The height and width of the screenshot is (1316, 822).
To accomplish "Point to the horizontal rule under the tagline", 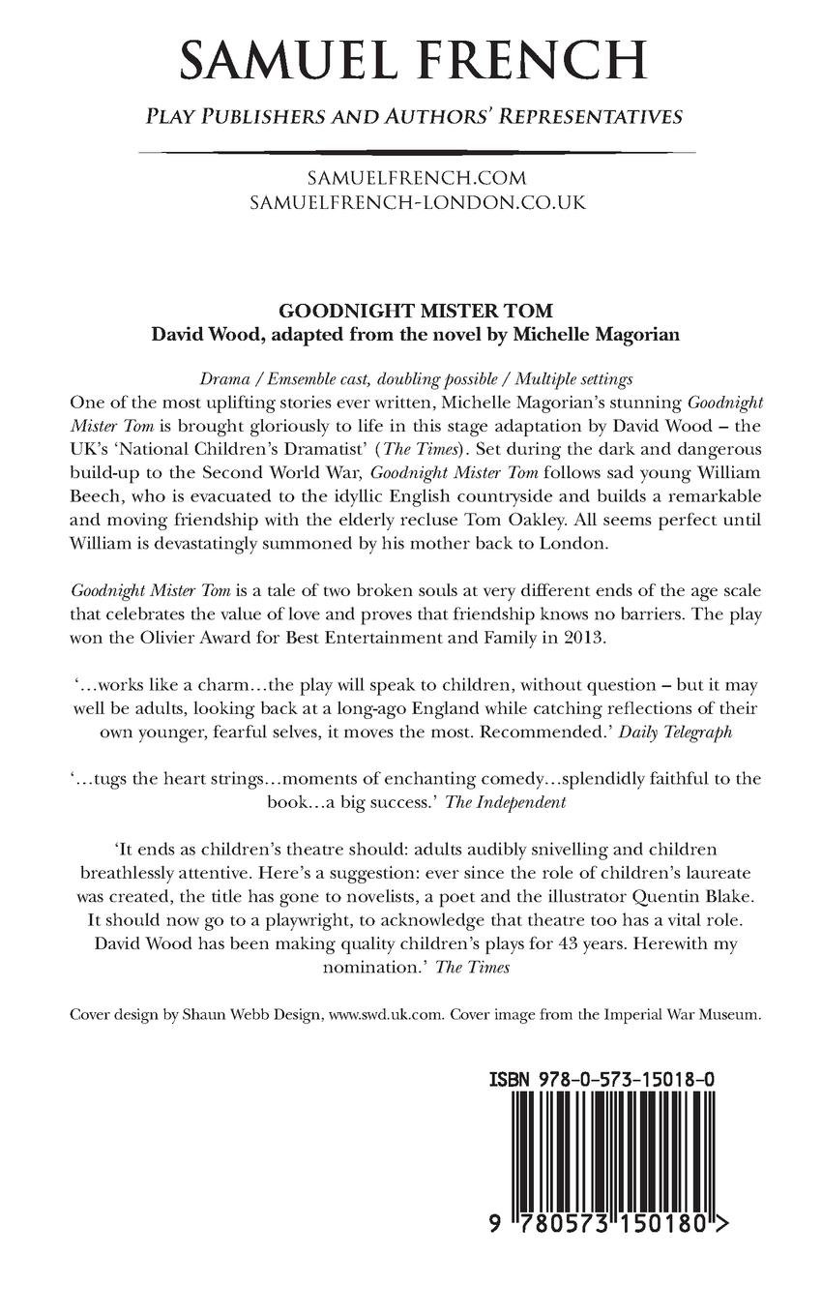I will point(416,152).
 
